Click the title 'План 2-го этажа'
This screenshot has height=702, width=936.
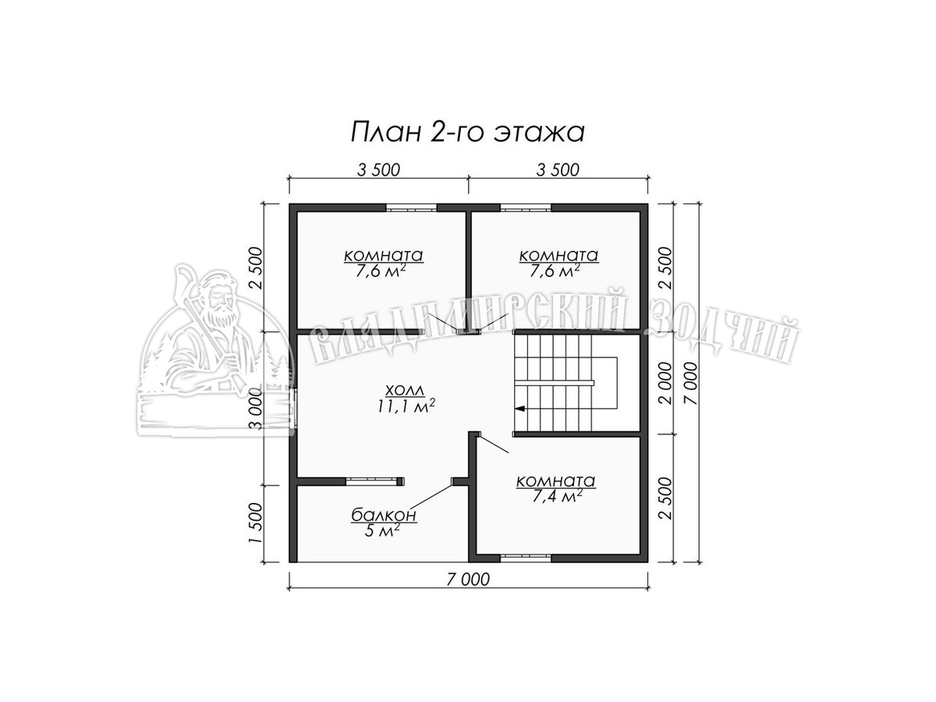pyautogui.click(x=467, y=132)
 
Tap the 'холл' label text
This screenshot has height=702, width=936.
pyautogui.click(x=405, y=390)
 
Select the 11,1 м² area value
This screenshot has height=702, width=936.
pyautogui.click(x=406, y=406)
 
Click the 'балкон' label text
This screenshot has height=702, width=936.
pyautogui.click(x=383, y=516)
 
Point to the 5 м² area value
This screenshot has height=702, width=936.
pyautogui.click(x=382, y=530)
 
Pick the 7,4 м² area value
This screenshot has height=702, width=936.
pyautogui.click(x=558, y=496)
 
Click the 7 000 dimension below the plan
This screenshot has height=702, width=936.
pyautogui.click(x=468, y=580)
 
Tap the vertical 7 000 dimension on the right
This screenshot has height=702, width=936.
pyautogui.click(x=692, y=384)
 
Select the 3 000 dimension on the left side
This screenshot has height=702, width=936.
pyautogui.click(x=257, y=409)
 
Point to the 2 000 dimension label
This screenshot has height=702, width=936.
pyautogui.click(x=665, y=384)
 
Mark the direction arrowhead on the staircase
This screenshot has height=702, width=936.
pyautogui.click(x=519, y=409)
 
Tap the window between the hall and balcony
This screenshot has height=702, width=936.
pyautogui.click(x=372, y=481)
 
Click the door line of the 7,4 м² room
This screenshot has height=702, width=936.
pyautogui.click(x=494, y=444)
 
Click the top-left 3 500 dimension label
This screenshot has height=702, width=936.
pyautogui.click(x=378, y=170)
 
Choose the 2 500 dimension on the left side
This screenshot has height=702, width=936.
pyautogui.click(x=257, y=268)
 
